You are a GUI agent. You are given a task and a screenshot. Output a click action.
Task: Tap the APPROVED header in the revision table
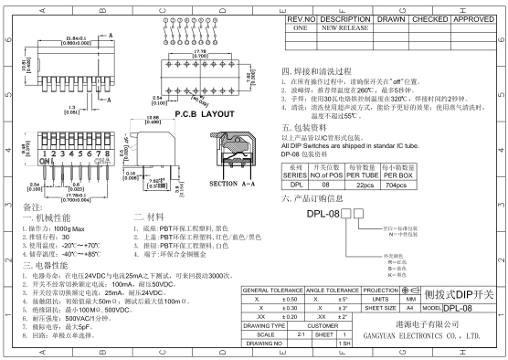472,18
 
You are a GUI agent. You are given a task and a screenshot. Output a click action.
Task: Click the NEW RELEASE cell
338,28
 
